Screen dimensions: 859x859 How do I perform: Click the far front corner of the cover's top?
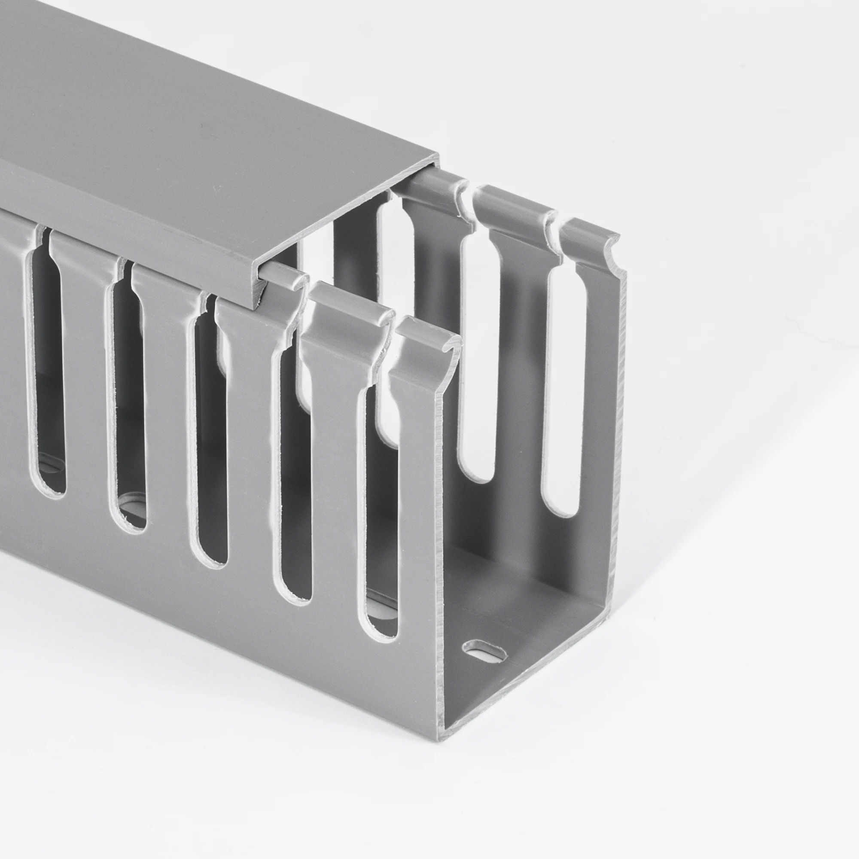(x=438, y=155)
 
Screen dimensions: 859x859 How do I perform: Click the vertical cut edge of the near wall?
(x=440, y=556)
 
